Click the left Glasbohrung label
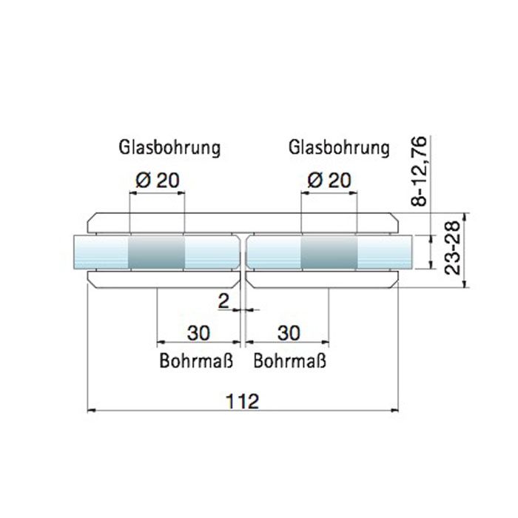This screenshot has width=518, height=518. pos(169,147)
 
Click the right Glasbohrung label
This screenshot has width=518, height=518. pos(339,147)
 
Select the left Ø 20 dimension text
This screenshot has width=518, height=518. pos(158,181)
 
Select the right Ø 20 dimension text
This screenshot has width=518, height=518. pos(329,181)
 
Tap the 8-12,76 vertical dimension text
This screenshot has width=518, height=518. pos(420,172)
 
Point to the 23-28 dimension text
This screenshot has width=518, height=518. pos(452,248)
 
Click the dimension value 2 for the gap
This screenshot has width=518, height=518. pos(223,301)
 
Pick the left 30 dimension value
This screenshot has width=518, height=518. pos(198,333)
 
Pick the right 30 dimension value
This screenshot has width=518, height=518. pos(289,333)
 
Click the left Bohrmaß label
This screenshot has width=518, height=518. pos(196,361)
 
